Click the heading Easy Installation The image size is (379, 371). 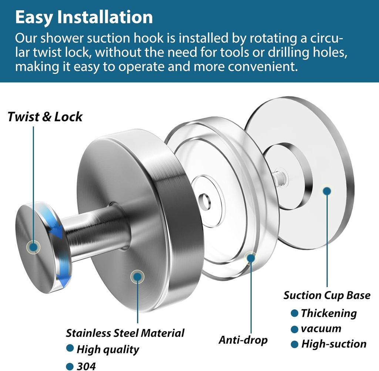point(84,17)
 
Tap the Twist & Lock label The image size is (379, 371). point(45,117)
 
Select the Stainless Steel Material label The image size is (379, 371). point(125,333)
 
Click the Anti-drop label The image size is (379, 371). point(243,340)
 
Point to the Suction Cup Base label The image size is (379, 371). point(327,295)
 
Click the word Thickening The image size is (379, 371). point(329,313)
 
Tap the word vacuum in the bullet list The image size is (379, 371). point(321,329)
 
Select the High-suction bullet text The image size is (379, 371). point(334,344)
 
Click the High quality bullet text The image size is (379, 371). point(108,349)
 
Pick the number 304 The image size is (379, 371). point(86,366)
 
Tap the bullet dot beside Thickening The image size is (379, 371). point(295,313)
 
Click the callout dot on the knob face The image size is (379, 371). point(34,247)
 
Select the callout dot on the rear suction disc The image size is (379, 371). point(326,191)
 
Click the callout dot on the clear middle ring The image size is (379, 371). point(251,257)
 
